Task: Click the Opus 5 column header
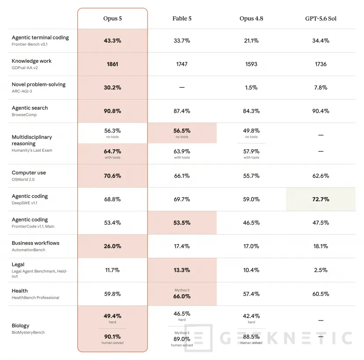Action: point(112,18)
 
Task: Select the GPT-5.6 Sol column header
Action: point(321,18)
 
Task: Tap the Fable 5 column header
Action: point(182,18)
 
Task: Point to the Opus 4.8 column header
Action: point(251,18)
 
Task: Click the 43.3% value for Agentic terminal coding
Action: point(112,41)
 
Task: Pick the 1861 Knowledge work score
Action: point(112,64)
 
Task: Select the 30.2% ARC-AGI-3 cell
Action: point(112,87)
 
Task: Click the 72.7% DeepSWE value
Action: point(321,199)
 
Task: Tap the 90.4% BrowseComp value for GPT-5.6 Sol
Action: point(321,111)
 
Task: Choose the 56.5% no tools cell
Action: point(182,131)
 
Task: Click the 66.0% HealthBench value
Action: point(182,296)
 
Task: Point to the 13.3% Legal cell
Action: point(182,270)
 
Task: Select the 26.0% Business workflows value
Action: point(112,246)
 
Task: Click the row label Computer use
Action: point(29,173)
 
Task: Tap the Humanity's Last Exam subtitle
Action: point(32,150)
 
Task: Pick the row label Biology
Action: point(21,326)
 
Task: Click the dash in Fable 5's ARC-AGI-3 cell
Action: point(182,87)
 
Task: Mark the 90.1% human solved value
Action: point(112,337)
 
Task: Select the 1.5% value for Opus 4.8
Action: point(251,87)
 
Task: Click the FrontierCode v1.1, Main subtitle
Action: point(33,226)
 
